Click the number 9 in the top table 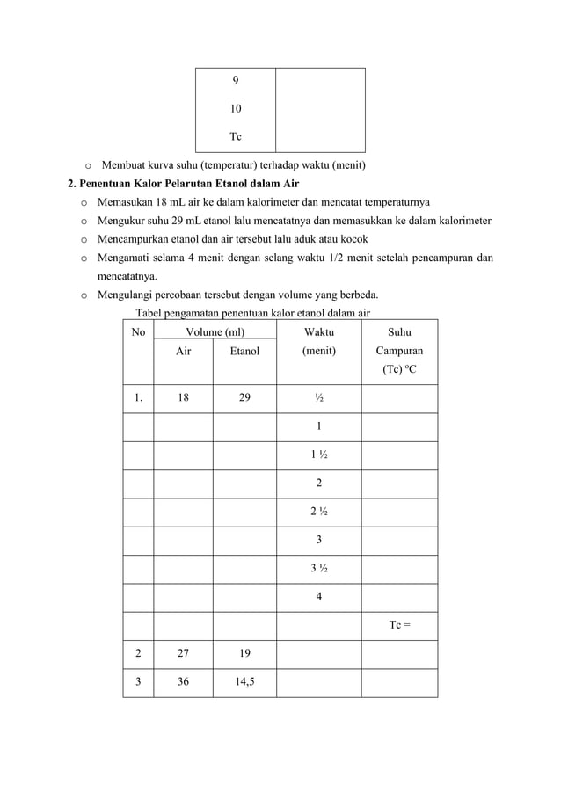pyautogui.click(x=235, y=81)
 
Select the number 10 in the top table pyautogui.click(x=236, y=109)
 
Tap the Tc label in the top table pyautogui.click(x=236, y=137)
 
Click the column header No pyautogui.click(x=138, y=332)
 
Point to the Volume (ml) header pyautogui.click(x=215, y=332)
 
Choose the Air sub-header pyautogui.click(x=183, y=351)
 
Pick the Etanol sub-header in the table pyautogui.click(x=244, y=351)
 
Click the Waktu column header pyautogui.click(x=318, y=332)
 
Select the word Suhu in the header pyautogui.click(x=399, y=332)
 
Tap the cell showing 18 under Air pyautogui.click(x=183, y=397)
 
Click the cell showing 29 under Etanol pyautogui.click(x=244, y=397)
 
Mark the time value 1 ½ pyautogui.click(x=318, y=455)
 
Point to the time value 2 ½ pyautogui.click(x=318, y=512)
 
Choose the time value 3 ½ pyautogui.click(x=318, y=568)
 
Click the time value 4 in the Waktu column pyautogui.click(x=318, y=597)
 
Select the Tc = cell pyautogui.click(x=400, y=625)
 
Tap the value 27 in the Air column pyautogui.click(x=183, y=654)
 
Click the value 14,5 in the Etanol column pyautogui.click(x=244, y=682)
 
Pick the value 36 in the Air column pyautogui.click(x=183, y=682)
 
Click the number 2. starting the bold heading pyautogui.click(x=73, y=184)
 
